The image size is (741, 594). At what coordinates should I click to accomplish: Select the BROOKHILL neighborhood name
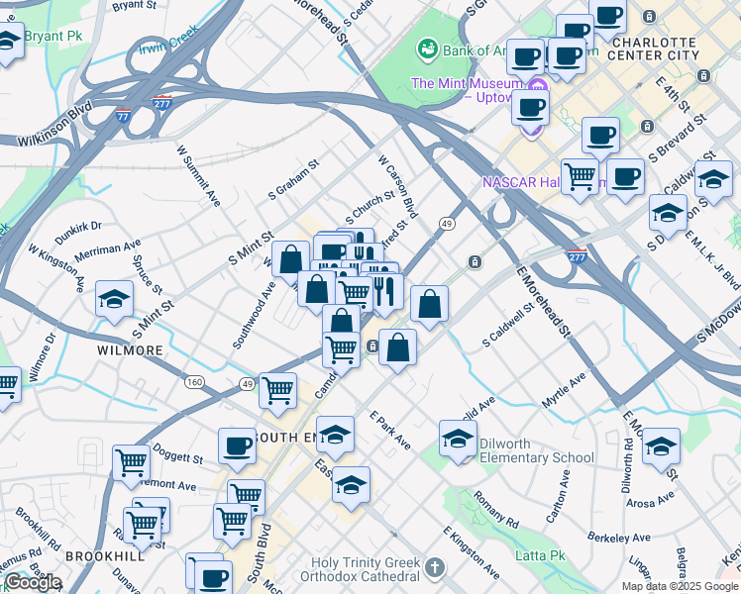pyautogui.click(x=105, y=556)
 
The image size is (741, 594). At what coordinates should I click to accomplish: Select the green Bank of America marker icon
pyautogui.click(x=428, y=49)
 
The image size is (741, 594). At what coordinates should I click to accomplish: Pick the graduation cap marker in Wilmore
pyautogui.click(x=115, y=298)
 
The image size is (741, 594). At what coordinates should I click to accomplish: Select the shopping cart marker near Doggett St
pyautogui.click(x=131, y=461)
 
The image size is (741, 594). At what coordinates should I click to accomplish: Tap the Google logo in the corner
pyautogui.click(x=32, y=583)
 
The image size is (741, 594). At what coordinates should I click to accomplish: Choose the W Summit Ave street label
pyautogui.click(x=199, y=175)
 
